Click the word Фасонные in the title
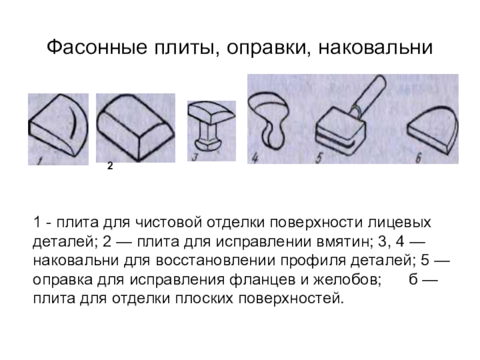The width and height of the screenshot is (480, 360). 97,47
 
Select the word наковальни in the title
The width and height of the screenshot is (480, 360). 376,47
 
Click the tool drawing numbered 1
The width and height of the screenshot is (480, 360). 58,126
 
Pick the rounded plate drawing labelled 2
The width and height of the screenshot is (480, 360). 136,127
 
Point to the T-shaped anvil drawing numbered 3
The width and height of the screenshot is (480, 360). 211,125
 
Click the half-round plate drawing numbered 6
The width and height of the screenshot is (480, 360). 433,130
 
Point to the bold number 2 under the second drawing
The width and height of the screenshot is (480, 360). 110,166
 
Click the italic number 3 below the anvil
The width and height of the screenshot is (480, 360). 195,157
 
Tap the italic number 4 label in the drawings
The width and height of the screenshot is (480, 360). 255,158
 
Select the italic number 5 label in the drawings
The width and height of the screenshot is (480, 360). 319,158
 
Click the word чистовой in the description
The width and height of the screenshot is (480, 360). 169,223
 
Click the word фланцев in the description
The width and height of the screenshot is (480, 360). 262,280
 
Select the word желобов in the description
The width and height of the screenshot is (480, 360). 347,280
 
